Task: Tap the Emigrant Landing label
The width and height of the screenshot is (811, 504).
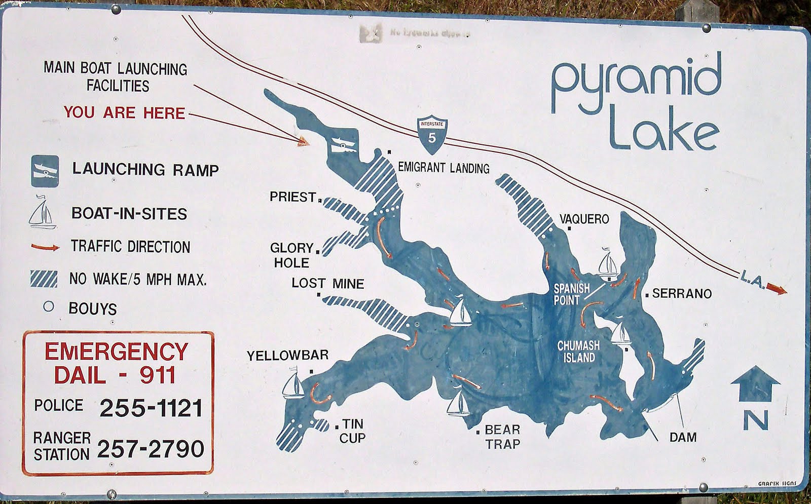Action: coord(444,168)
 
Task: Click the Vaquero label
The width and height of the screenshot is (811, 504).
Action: coord(584,219)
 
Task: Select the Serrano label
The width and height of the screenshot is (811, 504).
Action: coord(682,293)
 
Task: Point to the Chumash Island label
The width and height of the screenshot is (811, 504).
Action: coord(578,352)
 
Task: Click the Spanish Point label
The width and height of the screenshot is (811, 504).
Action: coord(571,294)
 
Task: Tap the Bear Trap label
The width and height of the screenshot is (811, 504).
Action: coord(502,437)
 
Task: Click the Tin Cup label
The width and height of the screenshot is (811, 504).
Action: coord(352,431)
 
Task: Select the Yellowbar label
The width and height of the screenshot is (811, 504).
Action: coord(287,356)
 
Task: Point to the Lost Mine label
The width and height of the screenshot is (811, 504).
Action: coord(327,283)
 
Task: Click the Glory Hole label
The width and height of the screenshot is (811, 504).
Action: coord(291,255)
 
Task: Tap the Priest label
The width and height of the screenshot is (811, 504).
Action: coord(293,197)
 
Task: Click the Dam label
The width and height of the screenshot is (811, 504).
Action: coord(683,437)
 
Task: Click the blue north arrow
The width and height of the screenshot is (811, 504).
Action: coord(755,383)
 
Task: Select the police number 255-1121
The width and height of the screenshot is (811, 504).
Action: coord(151,408)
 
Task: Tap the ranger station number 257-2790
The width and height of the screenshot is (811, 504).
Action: coord(151,449)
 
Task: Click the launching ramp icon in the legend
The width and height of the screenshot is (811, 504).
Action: coord(45,171)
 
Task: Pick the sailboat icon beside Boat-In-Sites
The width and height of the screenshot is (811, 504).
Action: coord(42,213)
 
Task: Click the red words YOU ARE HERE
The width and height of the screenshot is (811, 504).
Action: coord(124,112)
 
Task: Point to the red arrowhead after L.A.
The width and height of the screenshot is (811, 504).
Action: coord(777,290)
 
